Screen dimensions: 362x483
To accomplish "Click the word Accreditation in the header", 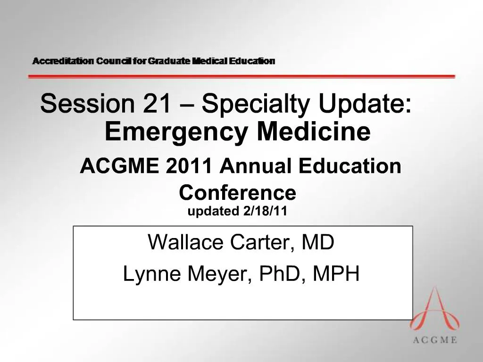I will pyautogui.click(x=63, y=61).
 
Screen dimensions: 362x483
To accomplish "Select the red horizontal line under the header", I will pyautogui.click(x=241, y=76).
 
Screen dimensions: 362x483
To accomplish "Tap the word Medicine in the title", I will pyautogui.click(x=313, y=132).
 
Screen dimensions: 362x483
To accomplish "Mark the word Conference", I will pyautogui.click(x=238, y=192).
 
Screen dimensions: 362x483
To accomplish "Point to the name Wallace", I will pyautogui.click(x=186, y=243).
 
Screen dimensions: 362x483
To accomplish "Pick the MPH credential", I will pyautogui.click(x=336, y=274).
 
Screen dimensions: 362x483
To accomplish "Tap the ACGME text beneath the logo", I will pyautogui.click(x=434, y=340).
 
